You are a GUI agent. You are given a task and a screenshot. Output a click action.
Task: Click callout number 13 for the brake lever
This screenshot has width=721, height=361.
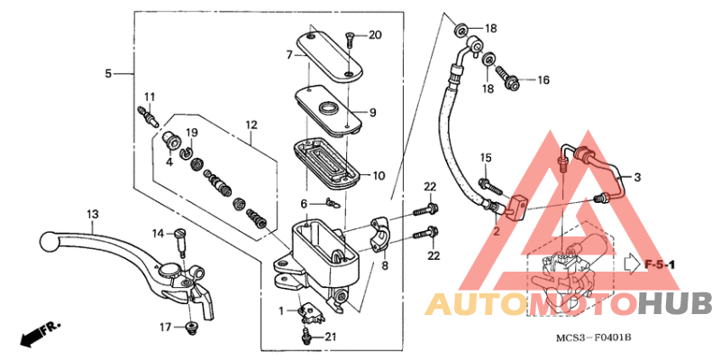click(92, 214)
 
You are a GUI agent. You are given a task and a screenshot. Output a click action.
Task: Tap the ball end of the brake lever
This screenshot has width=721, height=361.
click(49, 242)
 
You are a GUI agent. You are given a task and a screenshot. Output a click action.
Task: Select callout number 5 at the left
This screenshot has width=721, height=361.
click(108, 73)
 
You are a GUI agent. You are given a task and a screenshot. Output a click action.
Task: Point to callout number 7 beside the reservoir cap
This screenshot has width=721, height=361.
click(290, 55)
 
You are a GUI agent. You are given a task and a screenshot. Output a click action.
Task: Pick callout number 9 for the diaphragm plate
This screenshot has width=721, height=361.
click(371, 113)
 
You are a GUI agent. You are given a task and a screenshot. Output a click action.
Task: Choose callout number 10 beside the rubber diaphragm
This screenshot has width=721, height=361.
click(379, 175)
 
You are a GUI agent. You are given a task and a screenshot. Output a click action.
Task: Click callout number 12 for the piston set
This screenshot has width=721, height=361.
click(251, 124)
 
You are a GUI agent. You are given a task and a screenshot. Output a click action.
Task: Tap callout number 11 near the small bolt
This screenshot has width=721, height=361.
click(149, 97)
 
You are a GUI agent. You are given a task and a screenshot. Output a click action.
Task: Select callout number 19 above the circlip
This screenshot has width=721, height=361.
click(191, 133)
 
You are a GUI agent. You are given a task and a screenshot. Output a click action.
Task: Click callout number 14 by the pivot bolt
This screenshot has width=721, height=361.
click(158, 233)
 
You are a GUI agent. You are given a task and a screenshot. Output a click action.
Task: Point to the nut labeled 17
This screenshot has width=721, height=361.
click(190, 327)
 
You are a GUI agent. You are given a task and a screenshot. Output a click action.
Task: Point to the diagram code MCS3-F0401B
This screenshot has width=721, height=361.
click(593, 338)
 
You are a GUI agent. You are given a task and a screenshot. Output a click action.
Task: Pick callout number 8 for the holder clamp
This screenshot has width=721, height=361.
click(386, 266)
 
